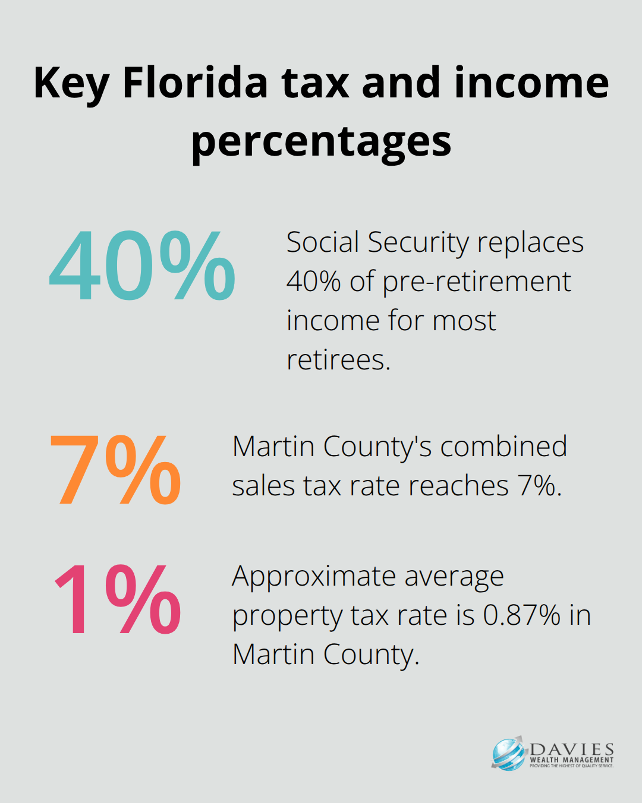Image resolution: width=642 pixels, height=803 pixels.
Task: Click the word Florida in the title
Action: pos(195,83)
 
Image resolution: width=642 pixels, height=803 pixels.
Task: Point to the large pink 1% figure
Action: pos(117,600)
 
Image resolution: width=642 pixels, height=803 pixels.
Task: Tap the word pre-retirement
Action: pos(476,282)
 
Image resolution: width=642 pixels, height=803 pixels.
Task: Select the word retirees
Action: pos(338,360)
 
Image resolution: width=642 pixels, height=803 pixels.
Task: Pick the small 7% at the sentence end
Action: pos(539,486)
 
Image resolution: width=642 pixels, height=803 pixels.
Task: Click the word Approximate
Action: pos(314,576)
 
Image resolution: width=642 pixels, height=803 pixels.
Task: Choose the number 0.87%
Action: pos(521,615)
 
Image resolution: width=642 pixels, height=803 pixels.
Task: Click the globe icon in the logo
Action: pos(509,754)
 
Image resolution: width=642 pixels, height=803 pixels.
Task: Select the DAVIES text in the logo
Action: pos(572,749)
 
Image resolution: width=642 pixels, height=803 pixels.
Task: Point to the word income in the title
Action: pos(532,83)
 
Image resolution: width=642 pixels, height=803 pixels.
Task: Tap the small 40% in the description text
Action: pos(313,282)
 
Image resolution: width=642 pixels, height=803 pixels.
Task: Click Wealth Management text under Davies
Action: pos(572,760)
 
